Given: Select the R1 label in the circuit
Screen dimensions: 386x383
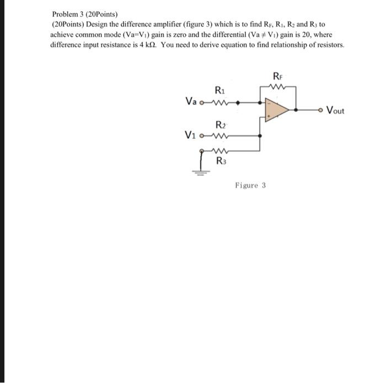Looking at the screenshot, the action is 218,90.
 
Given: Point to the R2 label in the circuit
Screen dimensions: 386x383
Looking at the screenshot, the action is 218,125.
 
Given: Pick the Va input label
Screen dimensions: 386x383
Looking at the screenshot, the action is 191,101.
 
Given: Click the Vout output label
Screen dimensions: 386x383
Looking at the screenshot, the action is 335,110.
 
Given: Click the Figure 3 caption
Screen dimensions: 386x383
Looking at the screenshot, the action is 250,185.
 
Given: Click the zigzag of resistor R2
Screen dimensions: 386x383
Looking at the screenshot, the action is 220,136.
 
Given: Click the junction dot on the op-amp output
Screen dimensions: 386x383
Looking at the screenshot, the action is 299,110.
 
